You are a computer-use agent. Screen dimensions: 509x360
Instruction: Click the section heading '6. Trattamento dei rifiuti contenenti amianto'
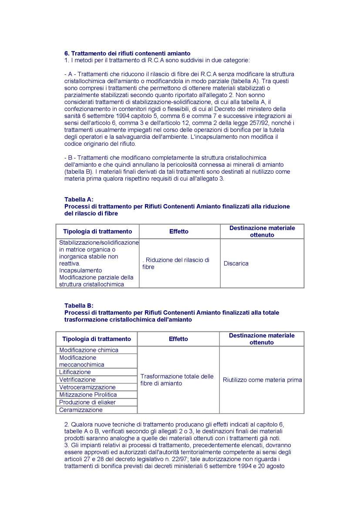[127, 54]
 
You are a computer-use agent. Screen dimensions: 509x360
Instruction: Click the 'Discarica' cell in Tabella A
[236, 263]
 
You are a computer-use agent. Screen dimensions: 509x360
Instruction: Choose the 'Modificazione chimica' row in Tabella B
[89, 350]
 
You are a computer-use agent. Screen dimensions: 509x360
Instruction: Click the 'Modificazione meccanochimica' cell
[82, 361]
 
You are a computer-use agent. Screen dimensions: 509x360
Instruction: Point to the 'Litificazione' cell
[75, 372]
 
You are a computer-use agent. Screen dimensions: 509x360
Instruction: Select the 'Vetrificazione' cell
[77, 380]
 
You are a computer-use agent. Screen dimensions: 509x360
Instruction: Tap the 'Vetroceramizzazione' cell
[87, 387]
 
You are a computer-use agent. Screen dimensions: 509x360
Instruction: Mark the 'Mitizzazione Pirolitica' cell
[88, 394]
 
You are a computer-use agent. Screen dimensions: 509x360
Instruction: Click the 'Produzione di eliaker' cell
[85, 402]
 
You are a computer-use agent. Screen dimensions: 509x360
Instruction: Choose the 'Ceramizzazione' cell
[81, 410]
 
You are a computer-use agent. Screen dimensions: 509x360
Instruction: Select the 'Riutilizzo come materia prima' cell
[262, 380]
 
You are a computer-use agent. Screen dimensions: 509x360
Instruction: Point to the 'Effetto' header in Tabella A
[179, 232]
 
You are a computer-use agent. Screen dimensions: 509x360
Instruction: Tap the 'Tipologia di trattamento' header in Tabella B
[97, 339]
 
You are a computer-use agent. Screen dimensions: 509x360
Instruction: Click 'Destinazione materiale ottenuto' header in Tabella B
[262, 339]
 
